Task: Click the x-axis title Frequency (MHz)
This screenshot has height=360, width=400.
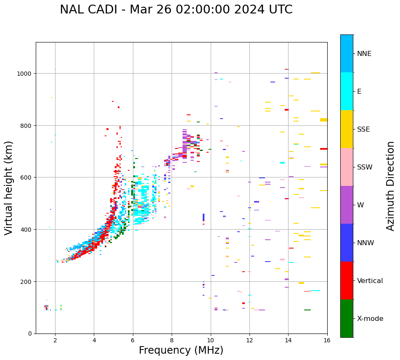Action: pyautogui.click(x=181, y=350)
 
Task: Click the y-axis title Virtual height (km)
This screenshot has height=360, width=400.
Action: pyautogui.click(x=9, y=188)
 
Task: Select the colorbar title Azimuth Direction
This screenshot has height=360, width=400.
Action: pyautogui.click(x=391, y=186)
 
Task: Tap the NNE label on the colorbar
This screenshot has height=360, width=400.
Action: pyautogui.click(x=364, y=54)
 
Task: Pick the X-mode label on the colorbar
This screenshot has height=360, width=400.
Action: pyautogui.click(x=370, y=319)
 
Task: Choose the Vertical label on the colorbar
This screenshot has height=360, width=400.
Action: pyautogui.click(x=370, y=281)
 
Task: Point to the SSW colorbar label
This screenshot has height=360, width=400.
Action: pyautogui.click(x=365, y=167)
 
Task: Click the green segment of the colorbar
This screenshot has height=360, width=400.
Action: pyautogui.click(x=347, y=318)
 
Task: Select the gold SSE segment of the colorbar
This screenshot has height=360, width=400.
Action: pyautogui.click(x=347, y=129)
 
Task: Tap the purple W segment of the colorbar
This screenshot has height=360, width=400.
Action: pyautogui.click(x=347, y=205)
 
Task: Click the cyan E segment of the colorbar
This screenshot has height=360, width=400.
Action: pyautogui.click(x=347, y=91)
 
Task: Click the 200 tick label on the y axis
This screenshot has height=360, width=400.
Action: pyautogui.click(x=27, y=281)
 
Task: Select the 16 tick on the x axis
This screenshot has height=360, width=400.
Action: pyautogui.click(x=327, y=341)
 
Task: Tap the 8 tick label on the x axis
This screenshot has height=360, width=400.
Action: pyautogui.click(x=172, y=341)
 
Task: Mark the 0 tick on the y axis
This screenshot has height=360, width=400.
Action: pyautogui.click(x=30, y=334)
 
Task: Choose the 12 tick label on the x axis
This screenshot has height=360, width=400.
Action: pyautogui.click(x=249, y=341)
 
